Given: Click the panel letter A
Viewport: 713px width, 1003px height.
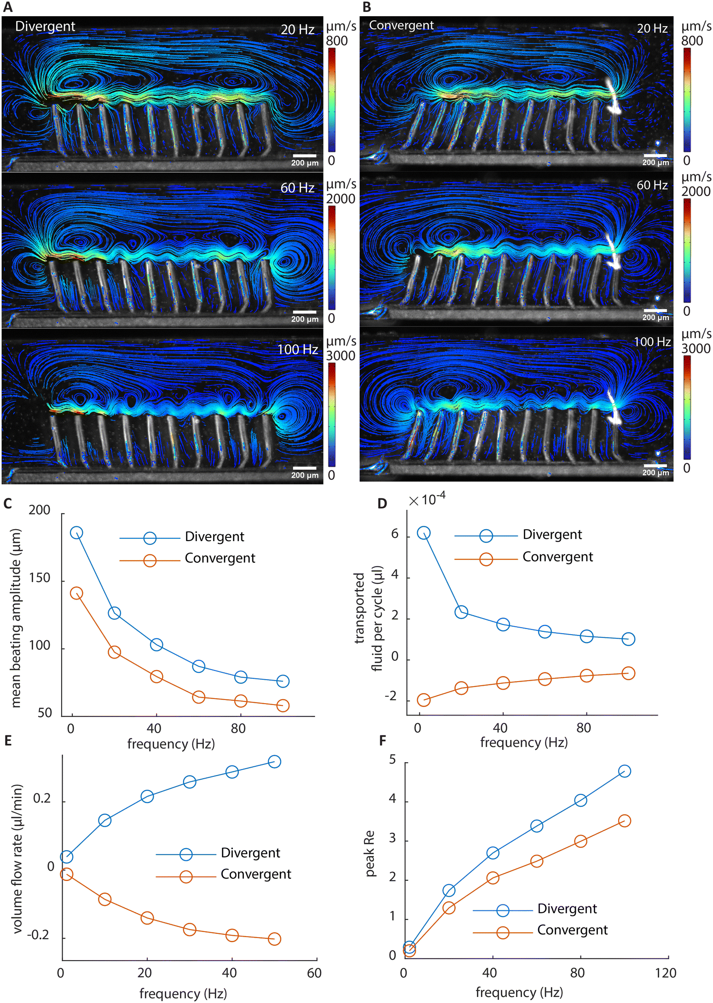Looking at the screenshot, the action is click(x=8, y=7).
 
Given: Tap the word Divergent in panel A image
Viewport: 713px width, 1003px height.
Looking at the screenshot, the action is click(x=45, y=27).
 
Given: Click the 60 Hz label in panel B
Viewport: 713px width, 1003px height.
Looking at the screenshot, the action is click(x=652, y=185).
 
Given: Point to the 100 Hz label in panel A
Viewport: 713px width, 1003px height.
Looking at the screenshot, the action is click(x=297, y=350).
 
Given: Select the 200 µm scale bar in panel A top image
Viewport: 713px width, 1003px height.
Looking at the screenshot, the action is click(x=304, y=156).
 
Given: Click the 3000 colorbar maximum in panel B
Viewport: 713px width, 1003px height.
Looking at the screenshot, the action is click(x=696, y=349).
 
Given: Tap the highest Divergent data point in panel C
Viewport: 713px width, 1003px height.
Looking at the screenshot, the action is click(x=76, y=533).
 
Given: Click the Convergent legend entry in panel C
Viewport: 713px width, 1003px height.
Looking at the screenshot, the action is click(x=187, y=558).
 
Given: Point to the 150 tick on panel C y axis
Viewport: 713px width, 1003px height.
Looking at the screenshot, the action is click(x=40, y=578).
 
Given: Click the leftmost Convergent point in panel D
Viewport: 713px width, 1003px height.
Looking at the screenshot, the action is click(x=423, y=700).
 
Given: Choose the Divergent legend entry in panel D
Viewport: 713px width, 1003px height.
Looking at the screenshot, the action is click(x=518, y=535).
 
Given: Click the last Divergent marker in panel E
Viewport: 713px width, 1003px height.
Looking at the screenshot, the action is click(x=274, y=762).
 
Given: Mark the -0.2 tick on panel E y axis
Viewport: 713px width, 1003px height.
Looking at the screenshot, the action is click(x=38, y=935).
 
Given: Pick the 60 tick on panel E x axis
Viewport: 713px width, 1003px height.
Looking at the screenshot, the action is click(x=314, y=973).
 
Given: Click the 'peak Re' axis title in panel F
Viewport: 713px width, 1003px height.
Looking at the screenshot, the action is click(x=370, y=853).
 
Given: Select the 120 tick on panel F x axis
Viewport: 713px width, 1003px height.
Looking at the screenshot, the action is click(x=666, y=973).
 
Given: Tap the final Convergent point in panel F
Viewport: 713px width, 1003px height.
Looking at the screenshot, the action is click(x=625, y=821).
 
